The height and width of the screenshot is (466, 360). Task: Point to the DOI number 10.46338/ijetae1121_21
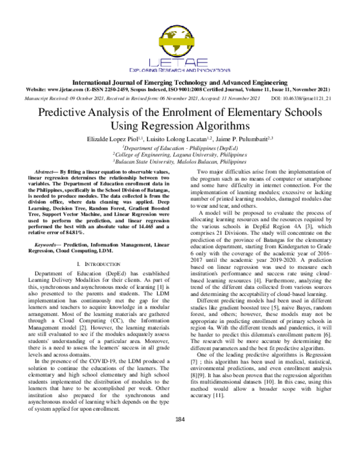click(x=310, y=97)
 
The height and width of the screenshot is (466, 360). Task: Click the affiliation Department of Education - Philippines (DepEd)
click(x=180, y=147)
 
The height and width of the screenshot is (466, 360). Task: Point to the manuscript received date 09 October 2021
click(x=88, y=97)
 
